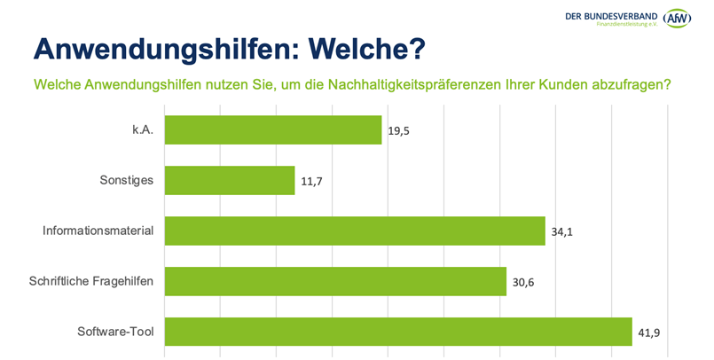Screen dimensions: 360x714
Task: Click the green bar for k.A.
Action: [273, 130]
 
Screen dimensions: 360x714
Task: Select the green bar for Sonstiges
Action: [230, 181]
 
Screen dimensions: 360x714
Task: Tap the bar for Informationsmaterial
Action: [355, 231]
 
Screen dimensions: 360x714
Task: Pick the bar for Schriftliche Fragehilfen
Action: [335, 282]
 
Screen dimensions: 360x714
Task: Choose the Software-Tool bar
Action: [398, 332]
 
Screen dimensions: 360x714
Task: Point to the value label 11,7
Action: [312, 182]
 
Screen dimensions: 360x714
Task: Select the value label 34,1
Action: [562, 232]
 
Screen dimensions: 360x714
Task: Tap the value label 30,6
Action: [523, 283]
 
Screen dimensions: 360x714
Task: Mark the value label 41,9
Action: [649, 333]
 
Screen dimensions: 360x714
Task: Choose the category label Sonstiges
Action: [126, 181]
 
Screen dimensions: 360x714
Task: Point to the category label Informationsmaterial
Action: [98, 231]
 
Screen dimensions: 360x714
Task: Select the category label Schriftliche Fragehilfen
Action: [91, 282]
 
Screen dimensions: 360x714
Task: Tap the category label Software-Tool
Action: [115, 333]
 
